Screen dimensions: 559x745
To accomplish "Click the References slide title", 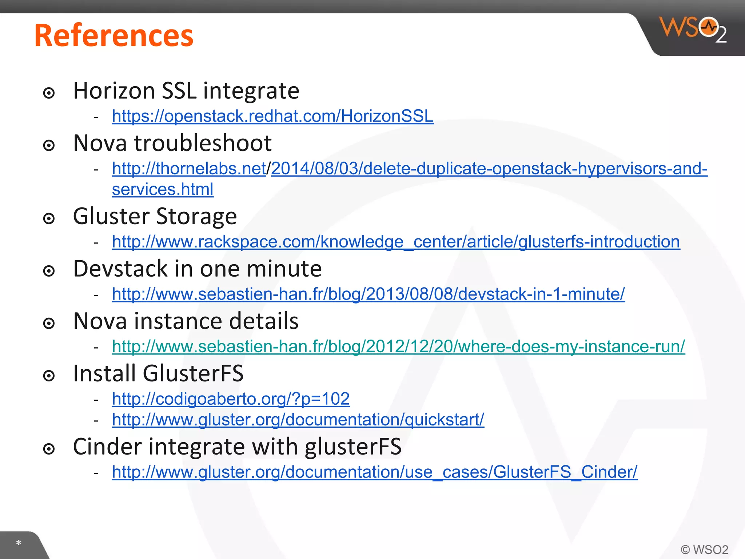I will (x=113, y=36).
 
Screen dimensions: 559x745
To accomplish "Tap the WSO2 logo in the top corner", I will (x=693, y=29).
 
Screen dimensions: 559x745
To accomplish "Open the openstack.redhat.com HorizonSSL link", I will (x=272, y=116).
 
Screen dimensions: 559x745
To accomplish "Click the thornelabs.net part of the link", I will (x=189, y=169).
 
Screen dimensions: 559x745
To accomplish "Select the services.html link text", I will (x=163, y=189).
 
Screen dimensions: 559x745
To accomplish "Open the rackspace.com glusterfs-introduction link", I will (x=396, y=242).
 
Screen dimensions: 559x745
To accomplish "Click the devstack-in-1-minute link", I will (x=368, y=294).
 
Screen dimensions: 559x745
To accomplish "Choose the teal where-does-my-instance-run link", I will (x=398, y=346).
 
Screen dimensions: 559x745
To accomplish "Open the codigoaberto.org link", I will (x=231, y=399).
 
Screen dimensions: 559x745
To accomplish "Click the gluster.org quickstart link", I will (x=298, y=420).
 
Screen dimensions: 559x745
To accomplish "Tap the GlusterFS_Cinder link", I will (x=375, y=472).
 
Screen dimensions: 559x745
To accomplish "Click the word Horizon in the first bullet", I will (x=114, y=91).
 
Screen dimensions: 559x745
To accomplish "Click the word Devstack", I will (x=120, y=269).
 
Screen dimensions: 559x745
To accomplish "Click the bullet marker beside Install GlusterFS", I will (x=49, y=376).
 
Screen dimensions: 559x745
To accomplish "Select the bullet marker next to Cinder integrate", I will (x=49, y=449).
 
